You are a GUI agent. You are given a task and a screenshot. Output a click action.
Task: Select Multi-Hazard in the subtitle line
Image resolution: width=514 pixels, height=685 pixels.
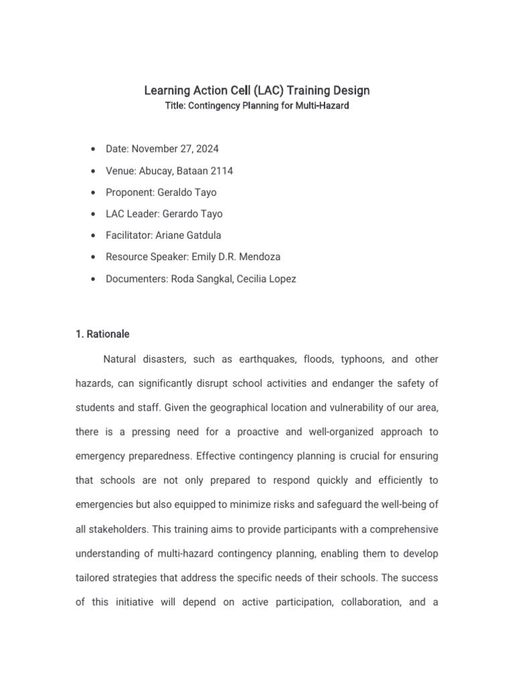320,106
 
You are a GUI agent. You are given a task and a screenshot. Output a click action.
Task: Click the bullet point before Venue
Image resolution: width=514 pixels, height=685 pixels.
91,171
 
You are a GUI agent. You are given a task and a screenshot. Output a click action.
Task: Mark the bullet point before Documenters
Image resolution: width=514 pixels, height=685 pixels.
91,279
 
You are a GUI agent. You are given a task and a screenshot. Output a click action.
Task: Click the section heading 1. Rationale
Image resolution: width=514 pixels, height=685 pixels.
102,334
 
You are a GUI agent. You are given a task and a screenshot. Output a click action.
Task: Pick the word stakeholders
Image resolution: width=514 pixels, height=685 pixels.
118,529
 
